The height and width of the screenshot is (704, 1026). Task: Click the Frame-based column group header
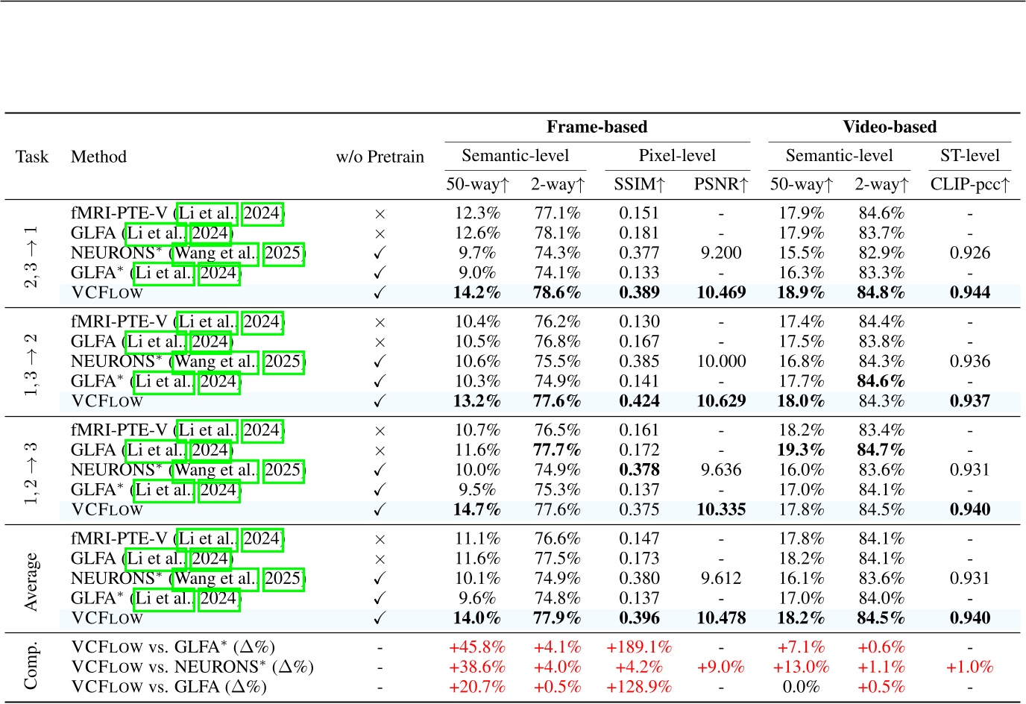(597, 127)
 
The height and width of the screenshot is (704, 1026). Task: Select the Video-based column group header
(889, 127)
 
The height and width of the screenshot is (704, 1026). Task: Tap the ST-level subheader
(969, 156)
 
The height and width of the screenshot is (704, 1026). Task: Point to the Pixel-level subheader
(676, 156)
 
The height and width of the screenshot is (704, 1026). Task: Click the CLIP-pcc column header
(969, 184)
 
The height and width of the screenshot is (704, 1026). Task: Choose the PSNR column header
(720, 184)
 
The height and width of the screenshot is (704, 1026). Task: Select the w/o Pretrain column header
(380, 157)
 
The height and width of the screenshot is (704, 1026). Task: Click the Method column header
(98, 157)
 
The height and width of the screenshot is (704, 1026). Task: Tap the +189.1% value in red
(639, 647)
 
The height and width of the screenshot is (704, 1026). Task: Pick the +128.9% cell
(639, 687)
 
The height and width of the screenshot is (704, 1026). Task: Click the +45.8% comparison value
(477, 647)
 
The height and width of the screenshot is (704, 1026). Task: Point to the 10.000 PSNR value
(721, 362)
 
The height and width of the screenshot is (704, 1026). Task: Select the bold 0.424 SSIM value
(639, 401)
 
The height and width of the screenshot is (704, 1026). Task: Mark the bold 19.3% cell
(801, 450)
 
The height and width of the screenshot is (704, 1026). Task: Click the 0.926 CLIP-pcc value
(969, 253)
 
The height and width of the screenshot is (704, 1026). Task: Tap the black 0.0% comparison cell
(801, 687)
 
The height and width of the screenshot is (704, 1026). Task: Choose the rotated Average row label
(31, 582)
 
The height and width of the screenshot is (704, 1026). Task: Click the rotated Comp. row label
(31, 666)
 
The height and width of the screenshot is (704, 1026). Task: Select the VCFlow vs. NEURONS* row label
(192, 667)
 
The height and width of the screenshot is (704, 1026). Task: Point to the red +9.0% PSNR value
(721, 667)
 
